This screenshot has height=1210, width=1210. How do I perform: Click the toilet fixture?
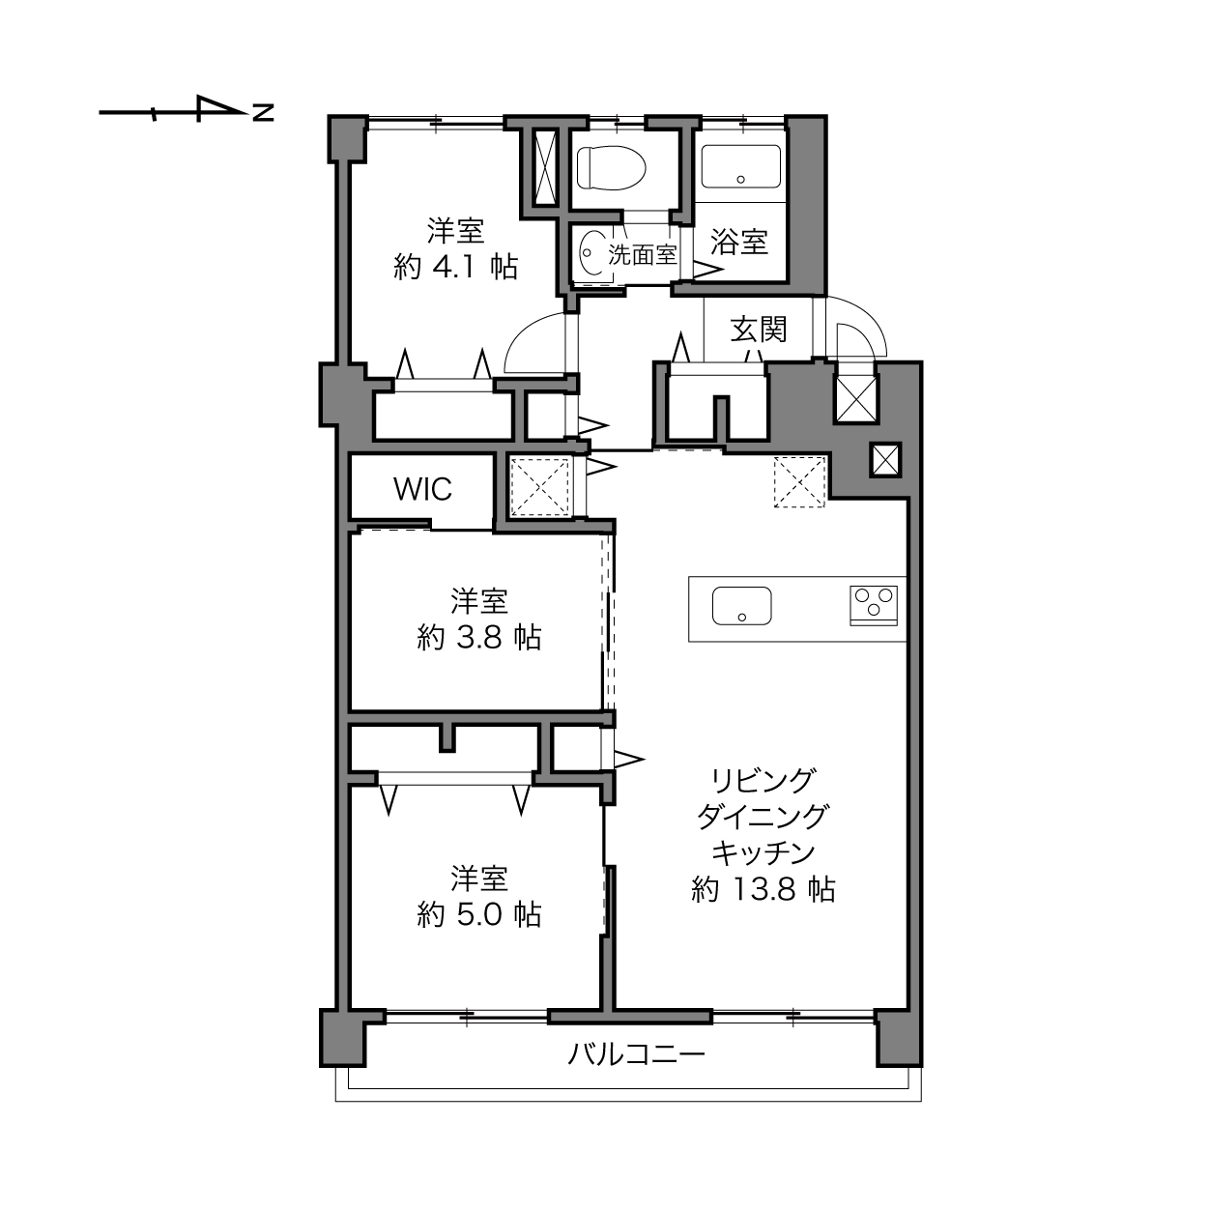click(611, 167)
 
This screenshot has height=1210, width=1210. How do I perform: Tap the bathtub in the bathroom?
click(741, 166)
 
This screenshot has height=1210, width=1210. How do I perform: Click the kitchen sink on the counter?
click(741, 606)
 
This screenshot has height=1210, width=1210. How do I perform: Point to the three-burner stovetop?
click(874, 605)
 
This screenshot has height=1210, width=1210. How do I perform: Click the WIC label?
click(422, 489)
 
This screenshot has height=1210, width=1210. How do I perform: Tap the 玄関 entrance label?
click(759, 330)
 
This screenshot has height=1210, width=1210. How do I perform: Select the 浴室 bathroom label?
click(739, 242)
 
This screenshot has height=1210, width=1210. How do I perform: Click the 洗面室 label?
click(643, 254)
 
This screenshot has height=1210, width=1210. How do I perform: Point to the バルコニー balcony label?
click(636, 1054)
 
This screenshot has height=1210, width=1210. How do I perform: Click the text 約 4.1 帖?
click(456, 268)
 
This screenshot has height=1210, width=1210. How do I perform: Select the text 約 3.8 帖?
click(479, 638)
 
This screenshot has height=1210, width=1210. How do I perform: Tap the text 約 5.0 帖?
click(479, 915)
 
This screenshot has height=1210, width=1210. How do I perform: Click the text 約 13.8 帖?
click(763, 889)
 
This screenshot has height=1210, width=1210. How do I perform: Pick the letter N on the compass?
click(263, 113)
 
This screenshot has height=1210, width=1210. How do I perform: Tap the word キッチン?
click(763, 852)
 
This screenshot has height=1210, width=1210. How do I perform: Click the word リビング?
click(763, 781)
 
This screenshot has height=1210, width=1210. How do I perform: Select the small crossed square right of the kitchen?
click(885, 460)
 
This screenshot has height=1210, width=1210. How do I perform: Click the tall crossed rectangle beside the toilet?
click(544, 167)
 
